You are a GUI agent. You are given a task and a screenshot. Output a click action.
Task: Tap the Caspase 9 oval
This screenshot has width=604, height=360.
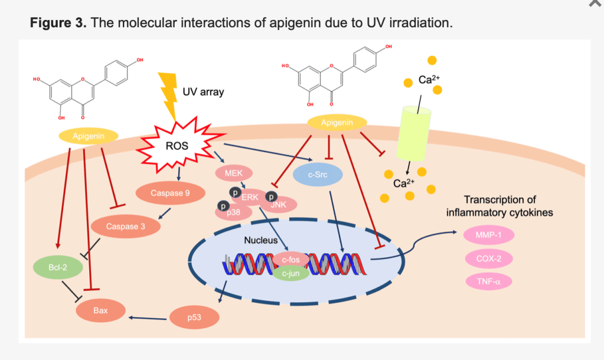[170, 193]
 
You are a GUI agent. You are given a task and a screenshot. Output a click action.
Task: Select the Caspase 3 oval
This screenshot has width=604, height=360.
[125, 226]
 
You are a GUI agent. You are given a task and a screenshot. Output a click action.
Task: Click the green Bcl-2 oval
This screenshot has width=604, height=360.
[57, 267]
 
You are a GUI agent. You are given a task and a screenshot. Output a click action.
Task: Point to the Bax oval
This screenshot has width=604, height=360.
[100, 310]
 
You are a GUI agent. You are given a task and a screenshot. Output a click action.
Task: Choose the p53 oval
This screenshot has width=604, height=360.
[194, 318]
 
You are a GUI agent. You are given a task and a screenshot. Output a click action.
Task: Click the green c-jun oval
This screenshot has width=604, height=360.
[290, 273]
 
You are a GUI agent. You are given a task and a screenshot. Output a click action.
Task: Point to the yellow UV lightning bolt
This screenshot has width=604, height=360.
[170, 94]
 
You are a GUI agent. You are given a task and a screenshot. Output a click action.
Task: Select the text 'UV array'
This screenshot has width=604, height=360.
[203, 92]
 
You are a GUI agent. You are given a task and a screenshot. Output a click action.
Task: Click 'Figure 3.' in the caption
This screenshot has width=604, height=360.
[58, 23]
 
